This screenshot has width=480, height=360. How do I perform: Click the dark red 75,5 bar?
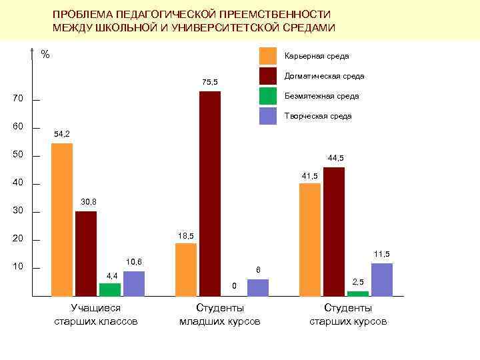coord(209,193)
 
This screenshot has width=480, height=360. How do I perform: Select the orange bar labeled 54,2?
coord(62,219)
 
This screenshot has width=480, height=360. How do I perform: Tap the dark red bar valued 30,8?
coord(86,253)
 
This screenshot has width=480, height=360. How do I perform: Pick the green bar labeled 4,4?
coord(110,289)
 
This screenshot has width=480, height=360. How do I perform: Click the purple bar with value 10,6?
coord(133,283)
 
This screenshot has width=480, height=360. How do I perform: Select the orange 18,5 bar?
coord(186,269)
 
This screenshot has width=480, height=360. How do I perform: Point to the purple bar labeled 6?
coord(257,287)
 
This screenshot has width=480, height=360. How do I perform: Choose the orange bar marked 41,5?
coord(310,239)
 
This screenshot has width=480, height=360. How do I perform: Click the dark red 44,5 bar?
coord(333,231)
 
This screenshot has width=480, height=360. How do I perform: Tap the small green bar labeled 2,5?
coord(357,293)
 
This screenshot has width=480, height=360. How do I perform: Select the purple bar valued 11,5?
coord(381,279)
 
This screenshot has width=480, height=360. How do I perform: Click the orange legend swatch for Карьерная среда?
coord(268,56)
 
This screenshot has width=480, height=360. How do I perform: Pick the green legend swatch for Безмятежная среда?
coord(268,96)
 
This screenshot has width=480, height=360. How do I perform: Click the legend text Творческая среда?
coord(317,116)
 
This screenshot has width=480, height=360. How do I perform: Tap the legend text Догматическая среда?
coord(324,76)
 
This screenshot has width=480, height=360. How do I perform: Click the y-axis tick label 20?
coord(18,239)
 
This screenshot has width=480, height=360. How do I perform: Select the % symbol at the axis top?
coord(45,54)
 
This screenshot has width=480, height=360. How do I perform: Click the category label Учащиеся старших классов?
coord(96,315)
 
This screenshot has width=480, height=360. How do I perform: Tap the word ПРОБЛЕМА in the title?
coord(83,14)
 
